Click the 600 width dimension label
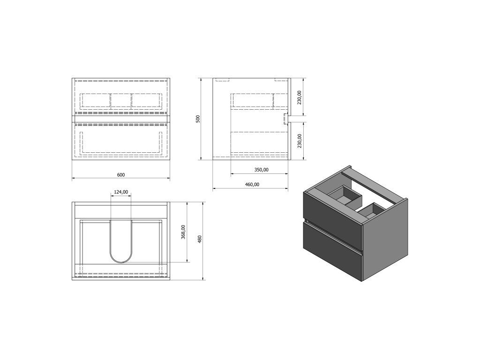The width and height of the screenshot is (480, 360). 121,175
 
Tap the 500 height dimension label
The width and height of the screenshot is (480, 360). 198,119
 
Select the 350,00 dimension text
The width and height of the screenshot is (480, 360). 262,170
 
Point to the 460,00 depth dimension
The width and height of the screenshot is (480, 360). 252,184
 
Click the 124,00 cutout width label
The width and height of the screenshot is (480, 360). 121,192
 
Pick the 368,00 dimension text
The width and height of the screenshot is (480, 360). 183,232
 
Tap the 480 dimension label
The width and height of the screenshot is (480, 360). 200,239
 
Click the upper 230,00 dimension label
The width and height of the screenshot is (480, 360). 300,97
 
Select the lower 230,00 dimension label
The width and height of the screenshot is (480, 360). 300,141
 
